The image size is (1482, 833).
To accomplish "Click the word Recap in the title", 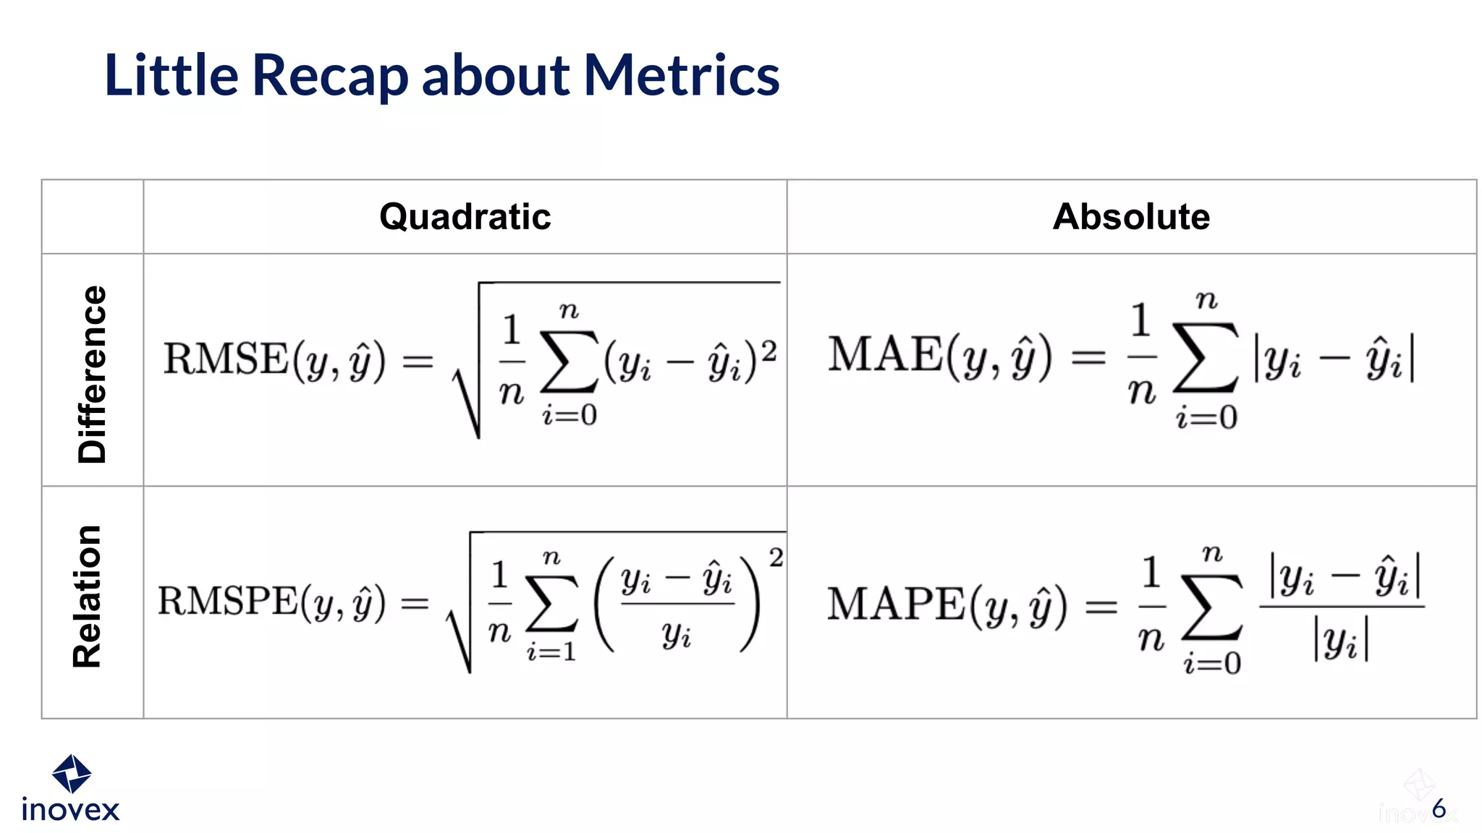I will [330, 76].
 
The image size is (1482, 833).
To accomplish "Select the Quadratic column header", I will [465, 217].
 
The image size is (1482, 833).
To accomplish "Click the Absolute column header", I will [1131, 217].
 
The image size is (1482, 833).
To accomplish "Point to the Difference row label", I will [93, 374].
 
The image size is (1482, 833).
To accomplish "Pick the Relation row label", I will [88, 597].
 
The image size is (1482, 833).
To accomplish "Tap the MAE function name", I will [885, 354].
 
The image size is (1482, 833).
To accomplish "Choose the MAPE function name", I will [896, 604].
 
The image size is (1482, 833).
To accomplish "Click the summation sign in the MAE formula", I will [1206, 356].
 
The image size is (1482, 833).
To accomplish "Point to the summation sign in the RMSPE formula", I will [551, 603].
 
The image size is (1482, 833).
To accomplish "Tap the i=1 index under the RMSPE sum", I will [551, 652].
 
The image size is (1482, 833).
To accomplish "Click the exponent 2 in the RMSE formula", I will [768, 351].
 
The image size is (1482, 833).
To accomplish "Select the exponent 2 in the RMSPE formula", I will [776, 558].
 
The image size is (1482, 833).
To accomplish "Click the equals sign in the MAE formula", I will [1088, 356].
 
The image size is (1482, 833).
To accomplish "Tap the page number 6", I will [1439, 808].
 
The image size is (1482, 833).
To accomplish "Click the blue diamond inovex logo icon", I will [72, 774].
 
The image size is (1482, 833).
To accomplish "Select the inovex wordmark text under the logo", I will [70, 810].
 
